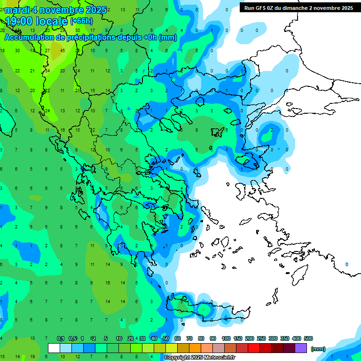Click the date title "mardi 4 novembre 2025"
55,10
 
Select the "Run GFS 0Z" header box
297,8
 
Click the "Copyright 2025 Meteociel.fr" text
197,358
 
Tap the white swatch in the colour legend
54,348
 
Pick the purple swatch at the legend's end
301,348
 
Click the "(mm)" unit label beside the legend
318,349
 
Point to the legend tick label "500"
308,338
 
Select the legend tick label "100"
226,338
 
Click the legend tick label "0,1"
61,338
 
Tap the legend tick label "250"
261,338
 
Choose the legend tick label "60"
178,338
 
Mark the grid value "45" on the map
63,51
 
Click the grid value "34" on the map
47,71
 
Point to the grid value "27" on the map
47,51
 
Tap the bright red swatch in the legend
254,348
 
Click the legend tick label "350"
285,338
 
